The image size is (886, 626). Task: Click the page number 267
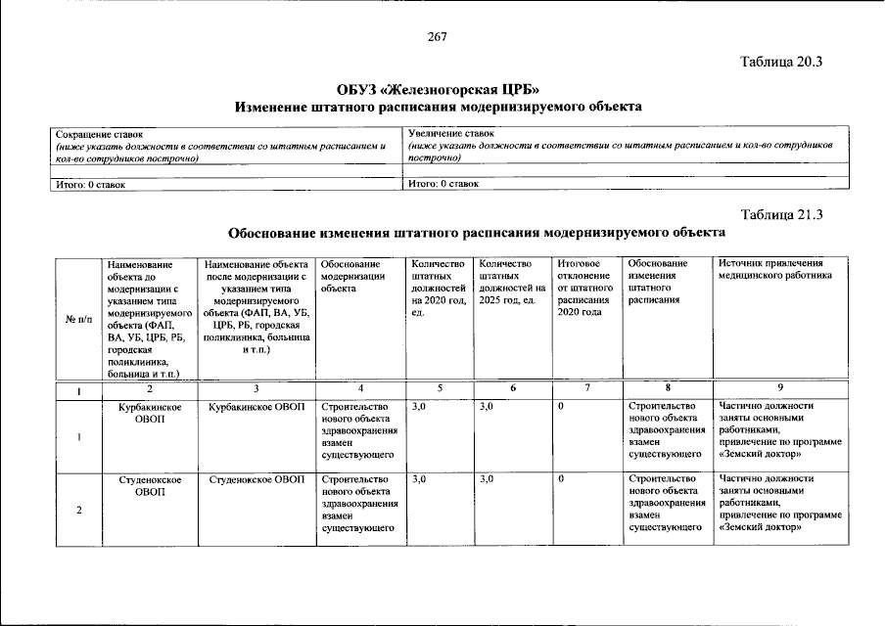[x=437, y=37]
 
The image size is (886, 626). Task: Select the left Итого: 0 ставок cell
[x=226, y=183]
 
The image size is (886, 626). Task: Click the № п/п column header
[x=77, y=319]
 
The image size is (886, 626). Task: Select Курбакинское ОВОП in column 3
[x=257, y=407]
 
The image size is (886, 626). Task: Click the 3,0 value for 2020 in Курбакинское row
[x=420, y=407]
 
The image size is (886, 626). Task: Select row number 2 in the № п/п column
[x=77, y=510]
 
